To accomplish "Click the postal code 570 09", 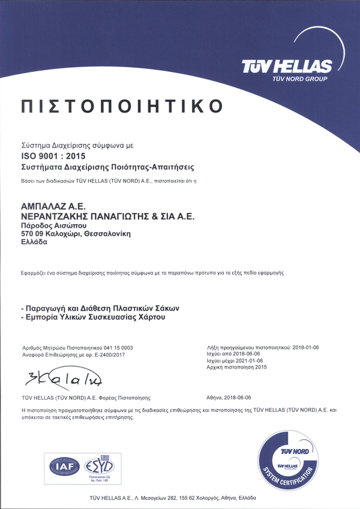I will coord(32,233).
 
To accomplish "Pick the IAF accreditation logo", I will coord(63,465).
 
